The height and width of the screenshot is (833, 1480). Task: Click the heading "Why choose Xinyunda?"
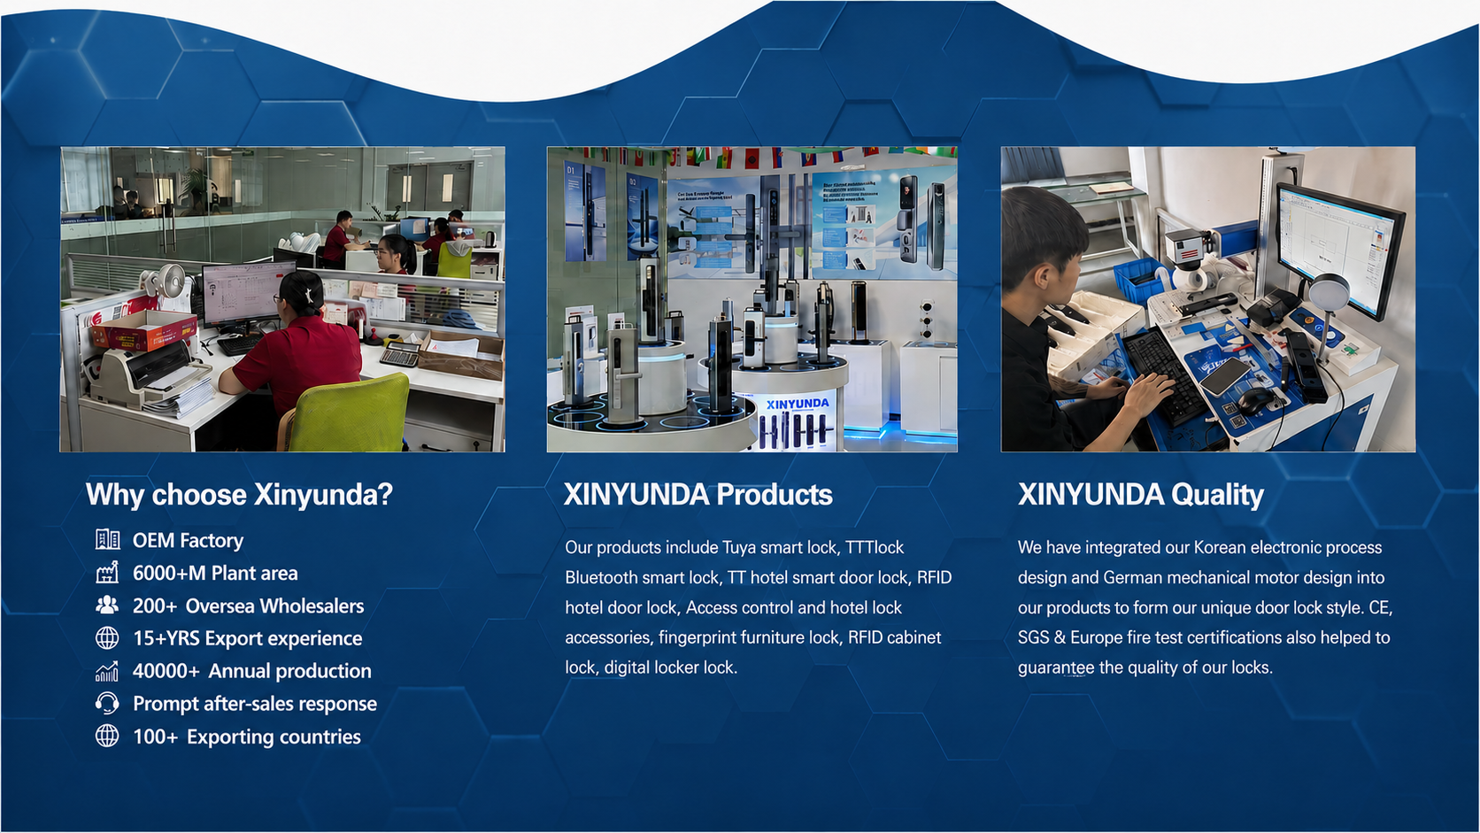239,495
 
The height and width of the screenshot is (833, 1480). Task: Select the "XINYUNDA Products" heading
698,495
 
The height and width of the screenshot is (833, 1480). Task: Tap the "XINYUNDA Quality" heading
1140,495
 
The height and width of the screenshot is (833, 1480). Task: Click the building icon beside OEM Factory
107,540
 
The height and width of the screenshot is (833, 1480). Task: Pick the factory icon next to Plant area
107,572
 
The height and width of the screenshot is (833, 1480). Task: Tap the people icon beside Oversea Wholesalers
107,605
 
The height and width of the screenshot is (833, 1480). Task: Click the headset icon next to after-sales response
107,703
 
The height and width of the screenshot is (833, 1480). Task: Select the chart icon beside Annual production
107,671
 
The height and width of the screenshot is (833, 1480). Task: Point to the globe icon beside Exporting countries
107,736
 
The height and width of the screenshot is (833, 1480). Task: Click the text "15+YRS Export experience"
247,639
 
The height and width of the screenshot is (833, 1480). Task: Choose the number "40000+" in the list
166,671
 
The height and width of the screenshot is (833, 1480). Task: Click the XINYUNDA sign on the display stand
797,404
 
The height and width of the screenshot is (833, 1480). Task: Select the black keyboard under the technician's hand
1166,375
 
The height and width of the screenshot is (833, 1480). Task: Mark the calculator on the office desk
399,355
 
